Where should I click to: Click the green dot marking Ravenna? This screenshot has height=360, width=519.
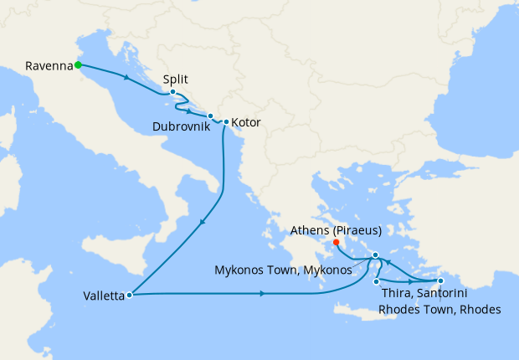click(x=77, y=64)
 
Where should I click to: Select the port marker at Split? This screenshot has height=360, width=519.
click(x=172, y=92)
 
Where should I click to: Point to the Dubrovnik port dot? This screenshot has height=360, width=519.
click(x=210, y=116)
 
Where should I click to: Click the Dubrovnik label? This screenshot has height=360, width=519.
click(x=180, y=127)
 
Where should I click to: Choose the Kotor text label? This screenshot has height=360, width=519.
click(x=246, y=123)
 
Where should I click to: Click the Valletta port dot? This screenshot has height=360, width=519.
click(x=129, y=295)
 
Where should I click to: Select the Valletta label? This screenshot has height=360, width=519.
click(x=104, y=296)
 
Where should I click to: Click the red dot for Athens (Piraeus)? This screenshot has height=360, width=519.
click(x=337, y=244)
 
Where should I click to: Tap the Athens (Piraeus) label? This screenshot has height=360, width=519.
click(x=337, y=230)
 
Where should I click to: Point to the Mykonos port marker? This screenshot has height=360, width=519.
click(x=376, y=255)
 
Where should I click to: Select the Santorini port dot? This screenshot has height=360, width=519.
click(x=377, y=281)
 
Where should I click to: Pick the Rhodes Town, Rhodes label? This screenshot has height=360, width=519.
click(x=439, y=310)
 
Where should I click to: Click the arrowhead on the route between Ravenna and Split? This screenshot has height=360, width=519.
click(x=126, y=79)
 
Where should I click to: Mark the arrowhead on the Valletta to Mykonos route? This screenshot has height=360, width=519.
click(x=263, y=294)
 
